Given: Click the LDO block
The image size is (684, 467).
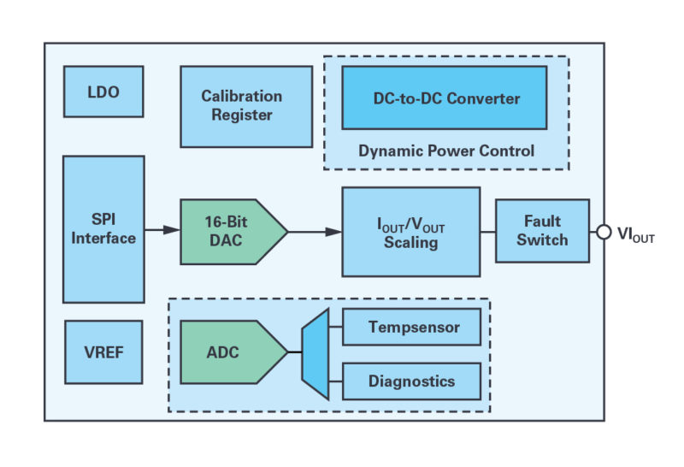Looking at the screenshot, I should point(103,92).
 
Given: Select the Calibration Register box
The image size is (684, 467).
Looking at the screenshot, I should point(246,107).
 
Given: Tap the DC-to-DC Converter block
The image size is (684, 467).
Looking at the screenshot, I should point(444,98).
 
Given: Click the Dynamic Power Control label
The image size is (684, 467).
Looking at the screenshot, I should point(445,151).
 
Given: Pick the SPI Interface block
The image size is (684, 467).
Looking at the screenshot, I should point(103,229).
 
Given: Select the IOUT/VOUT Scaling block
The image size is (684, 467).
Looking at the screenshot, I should point(410,232).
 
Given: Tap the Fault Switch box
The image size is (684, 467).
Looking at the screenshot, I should point(542,231).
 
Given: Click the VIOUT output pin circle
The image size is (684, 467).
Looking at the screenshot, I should point(604,232).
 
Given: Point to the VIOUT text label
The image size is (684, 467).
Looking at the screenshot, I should point(635,233).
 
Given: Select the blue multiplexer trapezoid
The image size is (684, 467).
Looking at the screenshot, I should point(315,352).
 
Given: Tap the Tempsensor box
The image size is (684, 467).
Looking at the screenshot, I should point(411,328).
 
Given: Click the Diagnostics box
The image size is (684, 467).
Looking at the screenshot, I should point(411,381).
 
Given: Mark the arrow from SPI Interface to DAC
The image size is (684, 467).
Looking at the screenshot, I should point(162,231).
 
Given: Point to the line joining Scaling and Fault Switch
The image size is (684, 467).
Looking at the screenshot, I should point(487,231).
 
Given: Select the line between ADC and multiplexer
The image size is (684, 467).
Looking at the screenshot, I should point(295,352).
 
